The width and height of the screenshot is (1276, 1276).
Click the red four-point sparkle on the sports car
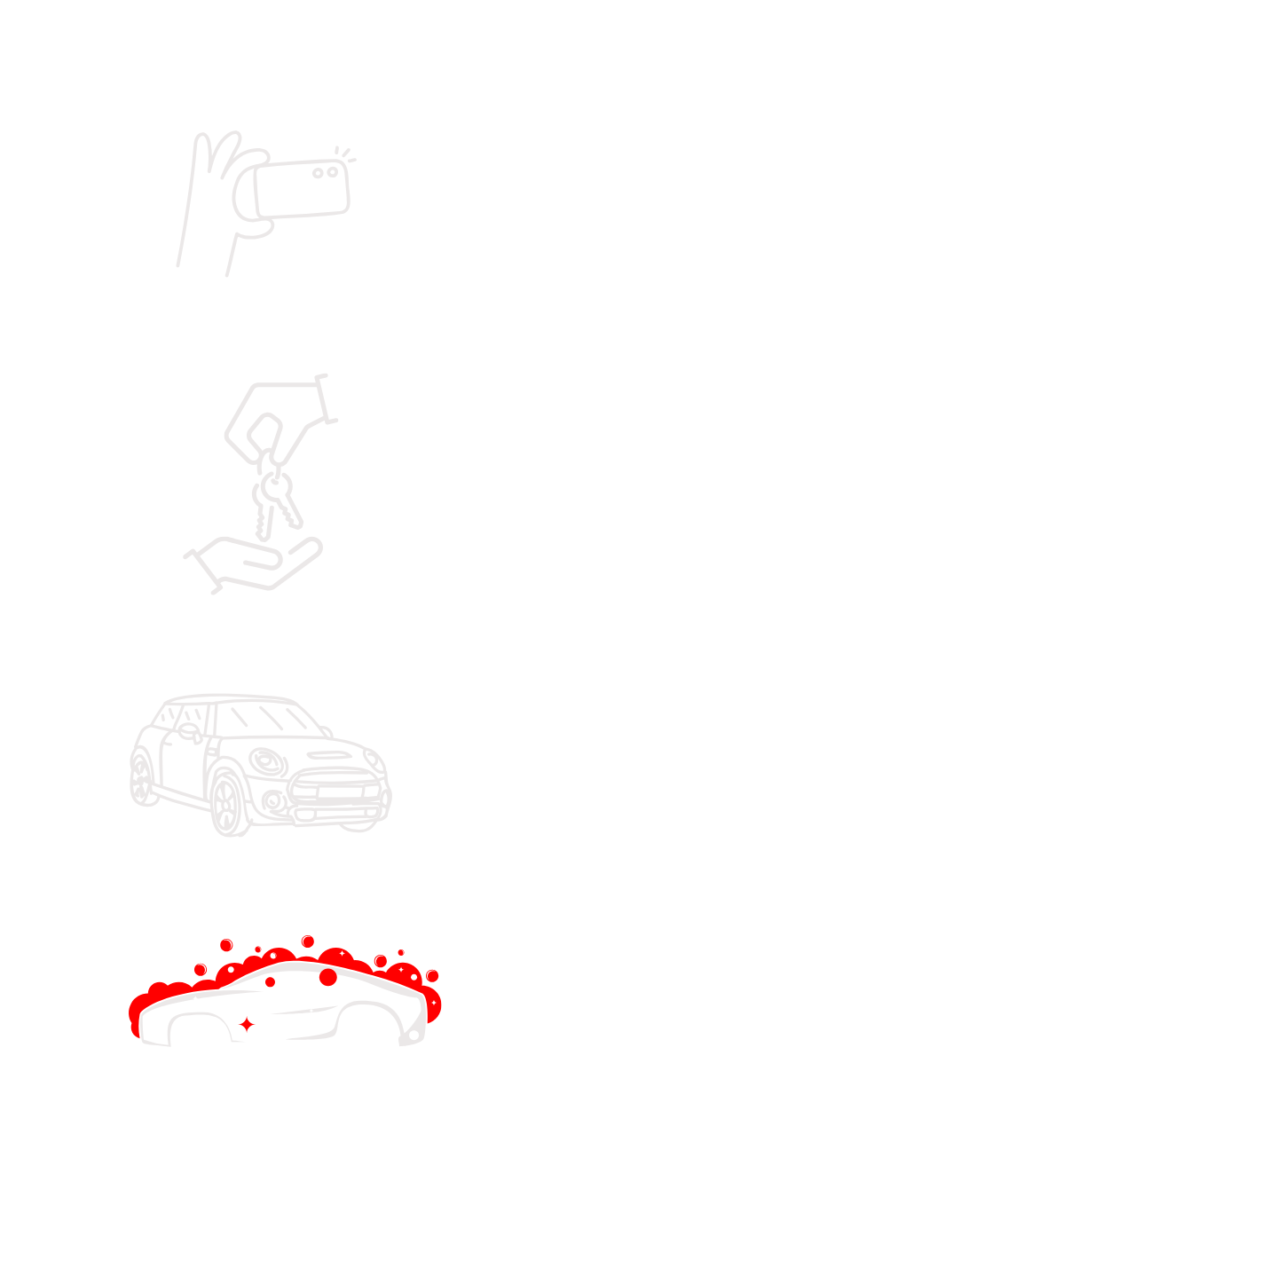pos(247,1025)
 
